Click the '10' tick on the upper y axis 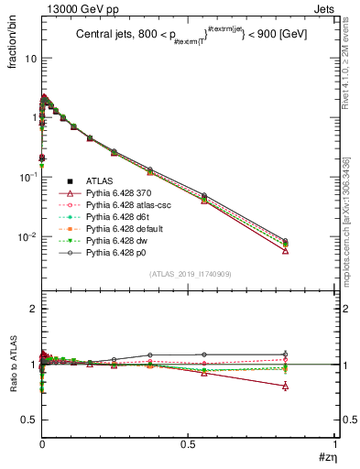click(29, 59)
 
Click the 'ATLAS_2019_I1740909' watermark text click(190, 274)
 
